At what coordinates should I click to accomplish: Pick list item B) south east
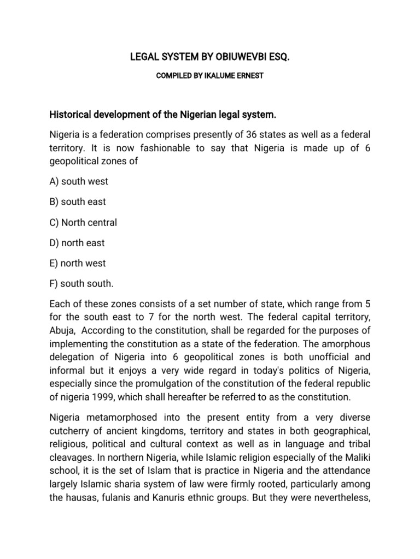point(77,201)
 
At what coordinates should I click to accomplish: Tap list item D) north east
point(77,242)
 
